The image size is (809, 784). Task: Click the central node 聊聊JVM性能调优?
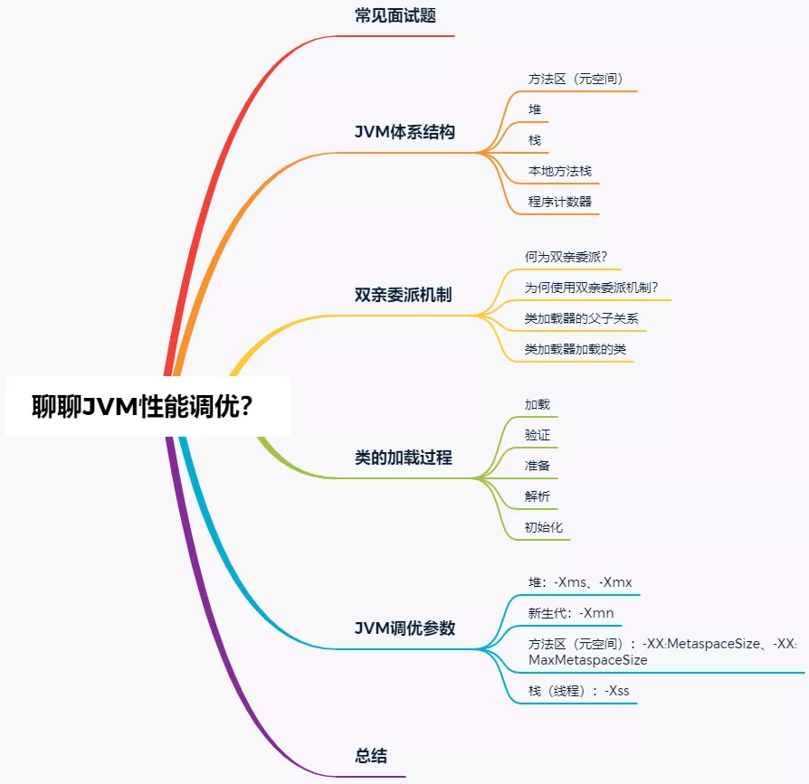point(142,407)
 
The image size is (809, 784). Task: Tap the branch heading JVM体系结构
point(404,132)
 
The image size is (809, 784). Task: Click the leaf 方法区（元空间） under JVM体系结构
point(576,79)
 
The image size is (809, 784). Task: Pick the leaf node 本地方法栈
point(560,171)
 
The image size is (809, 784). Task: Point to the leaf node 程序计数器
point(560,202)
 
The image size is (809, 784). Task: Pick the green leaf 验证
point(538,435)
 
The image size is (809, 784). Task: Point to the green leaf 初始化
point(544,527)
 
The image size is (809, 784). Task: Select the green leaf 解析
point(538,496)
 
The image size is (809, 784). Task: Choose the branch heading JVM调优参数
point(404,628)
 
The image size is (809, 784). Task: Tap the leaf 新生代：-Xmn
point(571,613)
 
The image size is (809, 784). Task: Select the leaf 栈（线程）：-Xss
point(579,691)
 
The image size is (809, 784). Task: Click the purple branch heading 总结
point(371,756)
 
